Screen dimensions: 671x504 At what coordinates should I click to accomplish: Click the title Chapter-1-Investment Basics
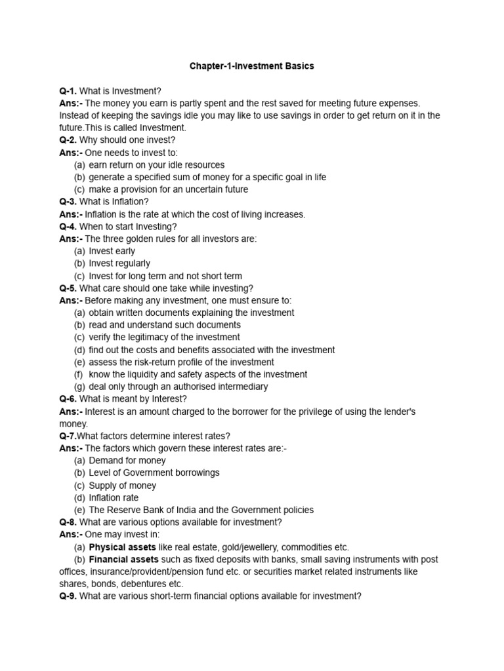[251, 66]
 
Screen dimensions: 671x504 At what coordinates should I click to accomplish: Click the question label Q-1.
[68, 90]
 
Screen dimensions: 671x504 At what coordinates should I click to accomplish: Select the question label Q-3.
[68, 201]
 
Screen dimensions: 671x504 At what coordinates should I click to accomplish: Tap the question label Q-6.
[68, 398]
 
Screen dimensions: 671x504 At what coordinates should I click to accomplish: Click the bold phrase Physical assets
[122, 546]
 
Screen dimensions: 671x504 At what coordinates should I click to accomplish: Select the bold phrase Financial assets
[123, 559]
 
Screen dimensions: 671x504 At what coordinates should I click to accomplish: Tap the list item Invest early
[112, 251]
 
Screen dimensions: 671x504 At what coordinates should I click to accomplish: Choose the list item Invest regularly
[119, 263]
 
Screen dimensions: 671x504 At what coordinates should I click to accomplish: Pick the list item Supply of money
[122, 485]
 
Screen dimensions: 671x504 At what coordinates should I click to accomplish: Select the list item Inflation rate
[114, 497]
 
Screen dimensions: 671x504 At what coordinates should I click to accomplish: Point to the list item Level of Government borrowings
[154, 472]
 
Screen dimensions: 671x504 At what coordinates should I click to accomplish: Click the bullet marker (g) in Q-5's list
[79, 387]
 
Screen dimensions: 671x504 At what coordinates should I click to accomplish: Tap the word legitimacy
[151, 337]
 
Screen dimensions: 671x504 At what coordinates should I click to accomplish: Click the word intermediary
[242, 387]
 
